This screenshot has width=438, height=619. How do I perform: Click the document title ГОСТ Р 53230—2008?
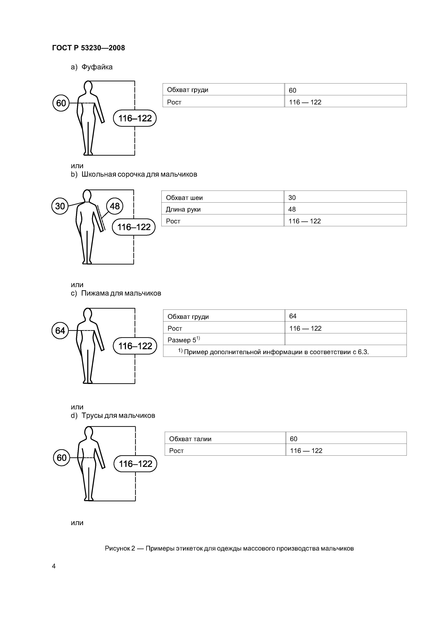click(x=88, y=48)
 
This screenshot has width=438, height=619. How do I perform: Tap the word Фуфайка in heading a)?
click(x=97, y=67)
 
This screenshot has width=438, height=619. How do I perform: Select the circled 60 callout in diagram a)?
click(x=61, y=103)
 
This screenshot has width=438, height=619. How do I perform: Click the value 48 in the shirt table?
click(x=292, y=209)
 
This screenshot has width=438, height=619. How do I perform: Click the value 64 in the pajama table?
click(x=293, y=316)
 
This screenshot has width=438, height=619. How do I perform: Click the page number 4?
click(x=54, y=566)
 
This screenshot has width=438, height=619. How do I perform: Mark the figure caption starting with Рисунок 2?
click(x=229, y=548)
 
